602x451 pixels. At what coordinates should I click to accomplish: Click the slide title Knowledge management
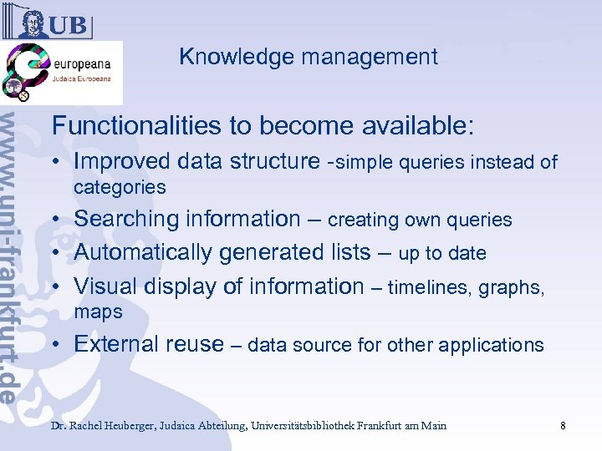point(308,57)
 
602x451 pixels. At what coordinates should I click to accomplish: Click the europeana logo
point(63,73)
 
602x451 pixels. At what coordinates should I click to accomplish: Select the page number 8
point(563,426)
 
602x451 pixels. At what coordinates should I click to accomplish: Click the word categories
point(120,187)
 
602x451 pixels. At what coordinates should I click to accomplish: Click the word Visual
point(105,286)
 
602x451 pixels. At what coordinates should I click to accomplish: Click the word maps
point(98,312)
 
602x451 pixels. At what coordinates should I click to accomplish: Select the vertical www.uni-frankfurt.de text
point(18,251)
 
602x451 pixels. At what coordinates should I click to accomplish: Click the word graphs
point(512,287)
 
